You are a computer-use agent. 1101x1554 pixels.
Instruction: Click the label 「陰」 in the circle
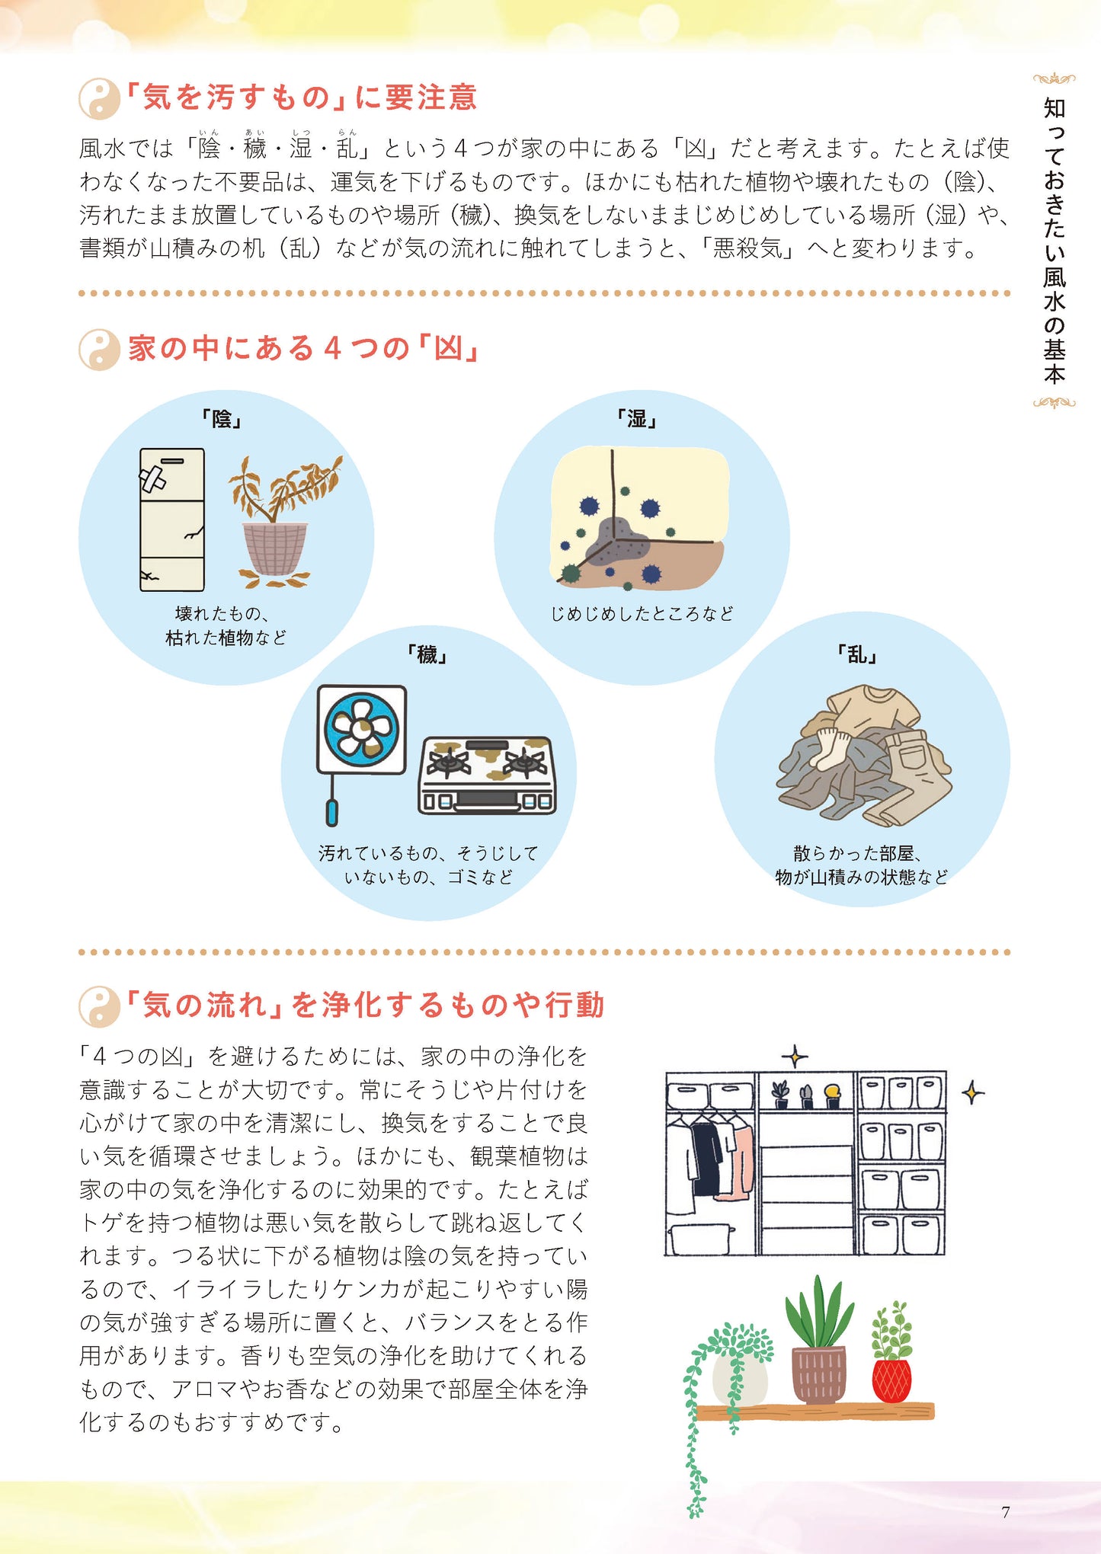tap(221, 418)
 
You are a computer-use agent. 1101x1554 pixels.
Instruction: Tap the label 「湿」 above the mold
tap(637, 418)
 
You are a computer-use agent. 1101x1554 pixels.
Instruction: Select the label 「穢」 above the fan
tap(427, 654)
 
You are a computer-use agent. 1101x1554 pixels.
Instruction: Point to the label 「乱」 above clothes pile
tap(857, 654)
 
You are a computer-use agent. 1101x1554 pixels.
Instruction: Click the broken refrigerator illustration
tap(172, 520)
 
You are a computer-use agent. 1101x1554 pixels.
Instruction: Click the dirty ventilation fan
tap(361, 729)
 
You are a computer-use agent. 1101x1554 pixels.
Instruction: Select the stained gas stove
tap(487, 775)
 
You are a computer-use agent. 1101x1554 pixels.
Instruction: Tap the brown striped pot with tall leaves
tap(818, 1375)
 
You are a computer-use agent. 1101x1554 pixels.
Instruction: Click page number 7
tap(1005, 1512)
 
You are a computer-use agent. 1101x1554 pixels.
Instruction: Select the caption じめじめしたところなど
tap(642, 613)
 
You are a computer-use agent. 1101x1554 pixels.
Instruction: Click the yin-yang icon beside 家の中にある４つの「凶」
tap(99, 350)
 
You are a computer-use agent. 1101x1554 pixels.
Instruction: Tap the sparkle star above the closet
tap(795, 1057)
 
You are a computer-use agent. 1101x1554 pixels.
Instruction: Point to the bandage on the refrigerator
tap(152, 479)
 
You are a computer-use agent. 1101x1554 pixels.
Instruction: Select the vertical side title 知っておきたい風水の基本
tap(1054, 240)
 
